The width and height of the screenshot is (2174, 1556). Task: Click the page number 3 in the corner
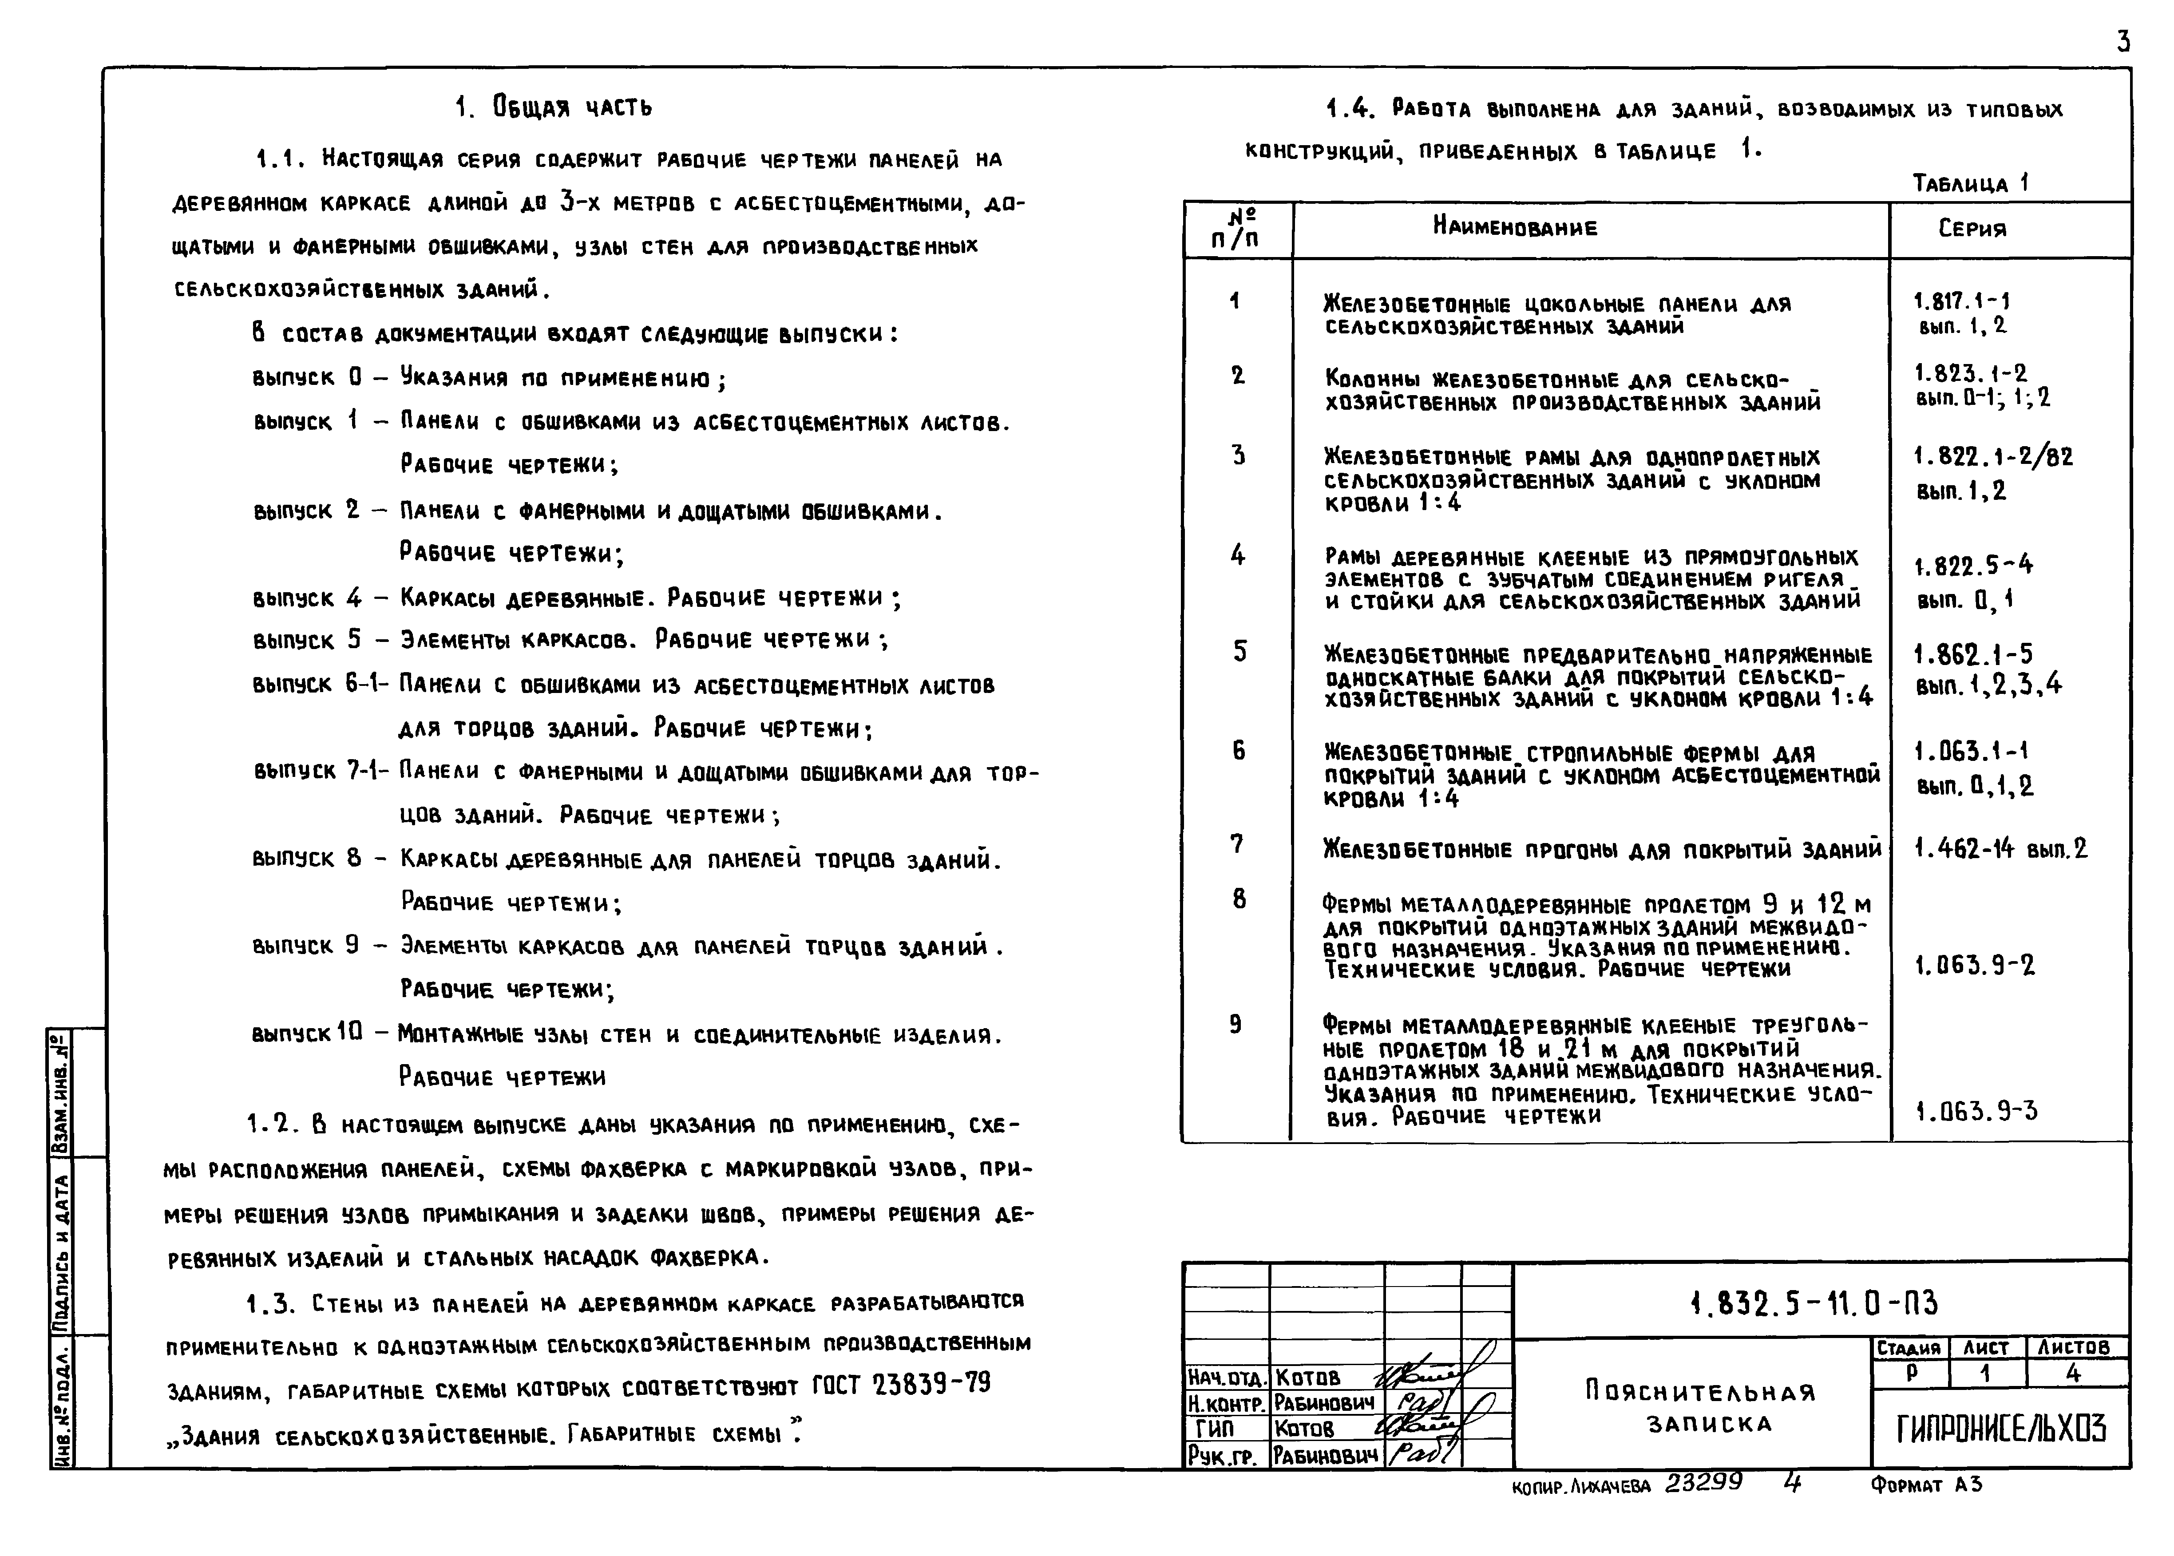coord(2123,42)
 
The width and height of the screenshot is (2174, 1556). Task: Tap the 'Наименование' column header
coord(1515,228)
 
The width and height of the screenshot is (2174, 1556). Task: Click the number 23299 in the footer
coord(1703,1483)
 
